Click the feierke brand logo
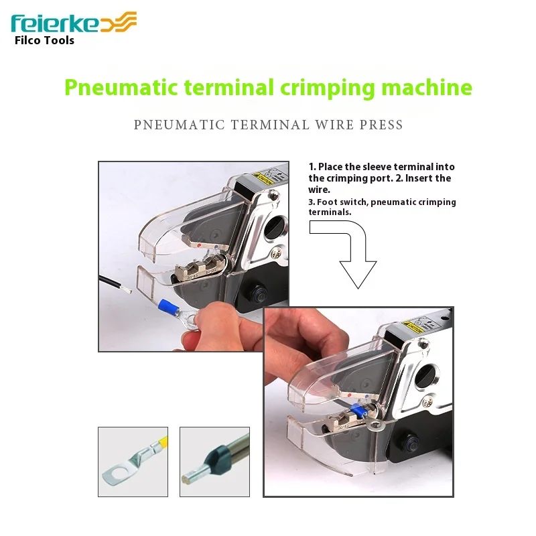74,23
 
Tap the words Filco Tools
44,40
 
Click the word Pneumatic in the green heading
121,88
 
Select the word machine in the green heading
427,87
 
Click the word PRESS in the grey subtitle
381,125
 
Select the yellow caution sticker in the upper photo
263,178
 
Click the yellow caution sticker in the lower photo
413,327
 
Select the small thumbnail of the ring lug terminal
133,462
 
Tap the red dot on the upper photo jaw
199,245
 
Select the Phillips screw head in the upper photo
276,253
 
